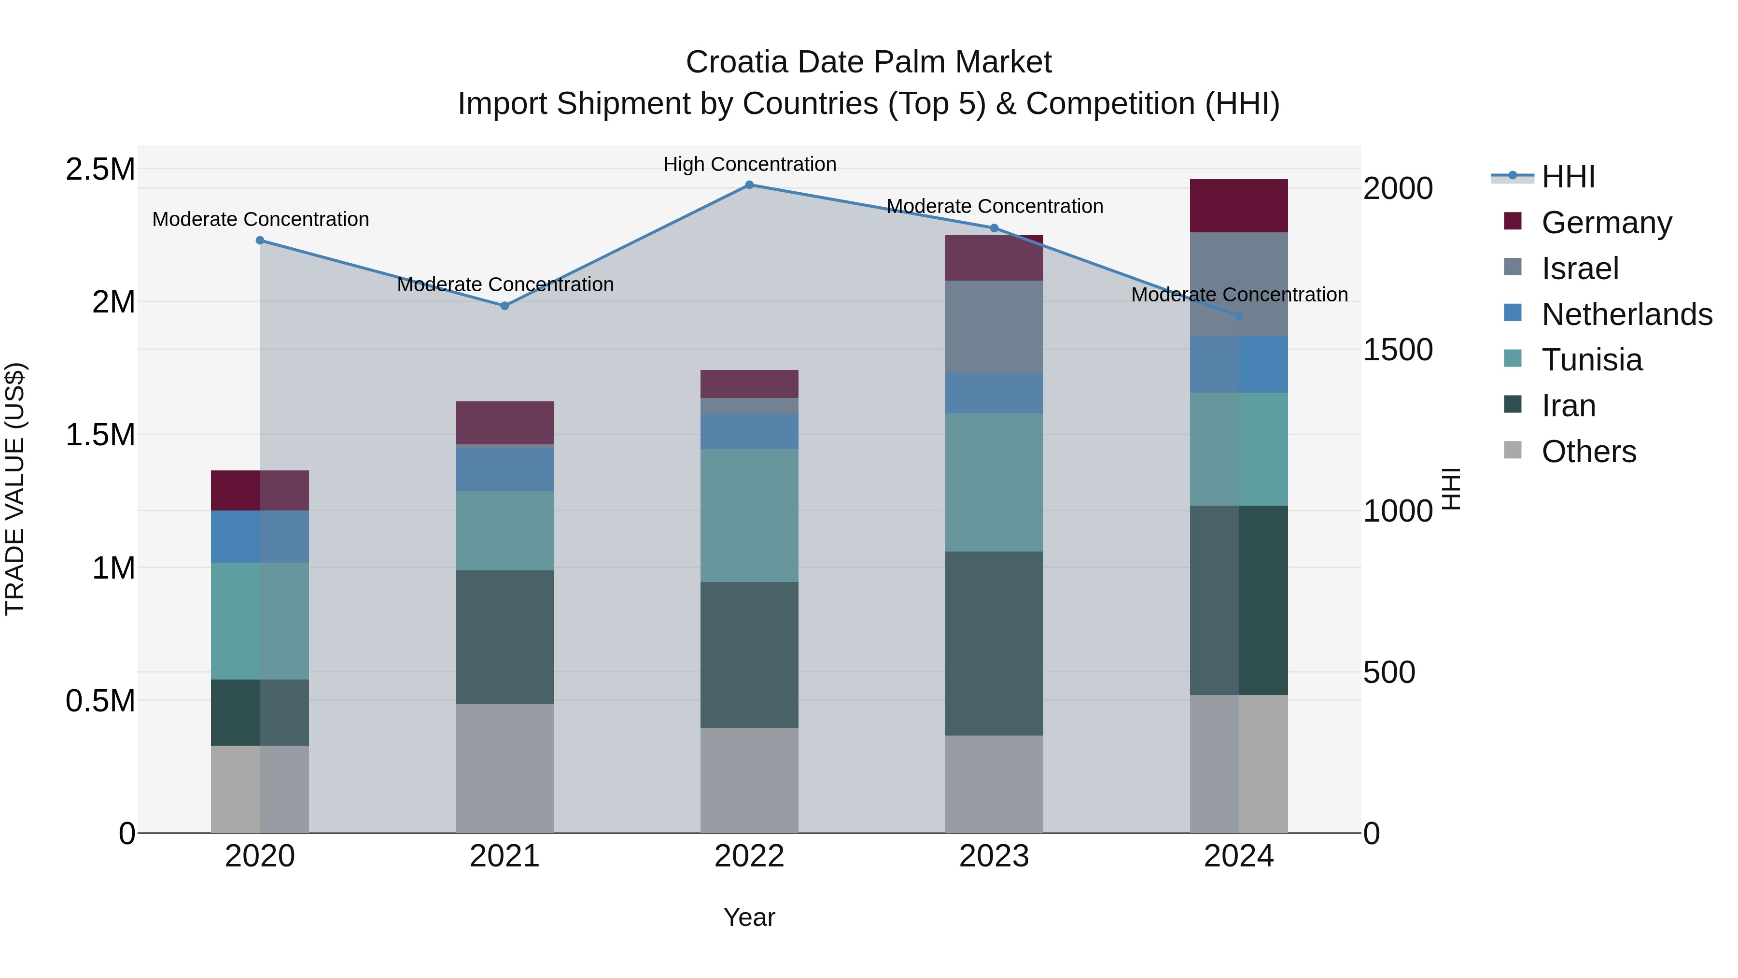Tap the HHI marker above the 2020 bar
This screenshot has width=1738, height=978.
(260, 241)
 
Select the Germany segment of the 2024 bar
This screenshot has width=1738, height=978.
(1239, 206)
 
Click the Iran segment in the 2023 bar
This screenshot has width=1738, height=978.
(994, 643)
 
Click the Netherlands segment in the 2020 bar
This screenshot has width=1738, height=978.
(260, 537)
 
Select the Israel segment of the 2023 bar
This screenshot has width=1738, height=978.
(994, 326)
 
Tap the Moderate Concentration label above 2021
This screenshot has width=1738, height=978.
(505, 284)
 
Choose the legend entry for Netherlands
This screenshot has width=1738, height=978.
(1626, 314)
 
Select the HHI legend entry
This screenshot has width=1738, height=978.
(1568, 177)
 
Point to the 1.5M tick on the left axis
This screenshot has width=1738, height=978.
(100, 435)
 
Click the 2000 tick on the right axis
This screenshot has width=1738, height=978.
(1397, 188)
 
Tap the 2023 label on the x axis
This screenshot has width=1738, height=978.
(994, 856)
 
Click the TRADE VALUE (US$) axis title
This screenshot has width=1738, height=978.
(15, 489)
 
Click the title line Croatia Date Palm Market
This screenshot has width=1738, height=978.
(869, 62)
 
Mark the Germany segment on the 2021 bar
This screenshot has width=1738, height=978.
(504, 423)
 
